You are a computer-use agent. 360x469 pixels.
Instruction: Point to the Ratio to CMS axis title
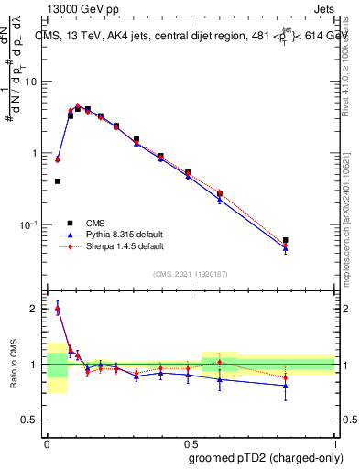pyautogui.click(x=13, y=365)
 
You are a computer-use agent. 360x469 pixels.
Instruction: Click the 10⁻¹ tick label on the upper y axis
pyautogui.click(x=28, y=224)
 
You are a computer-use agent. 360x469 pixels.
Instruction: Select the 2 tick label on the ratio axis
pyautogui.click(x=34, y=309)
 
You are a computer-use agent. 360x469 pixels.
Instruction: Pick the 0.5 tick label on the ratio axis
pyautogui.click(x=30, y=420)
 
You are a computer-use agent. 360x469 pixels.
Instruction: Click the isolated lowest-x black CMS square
pyautogui.click(x=58, y=181)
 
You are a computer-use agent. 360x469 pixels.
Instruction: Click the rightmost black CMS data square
pyautogui.click(x=286, y=240)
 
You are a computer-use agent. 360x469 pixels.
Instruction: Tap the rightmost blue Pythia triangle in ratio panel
pyautogui.click(x=286, y=386)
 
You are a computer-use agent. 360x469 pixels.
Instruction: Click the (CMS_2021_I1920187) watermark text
pyautogui.click(x=191, y=274)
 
